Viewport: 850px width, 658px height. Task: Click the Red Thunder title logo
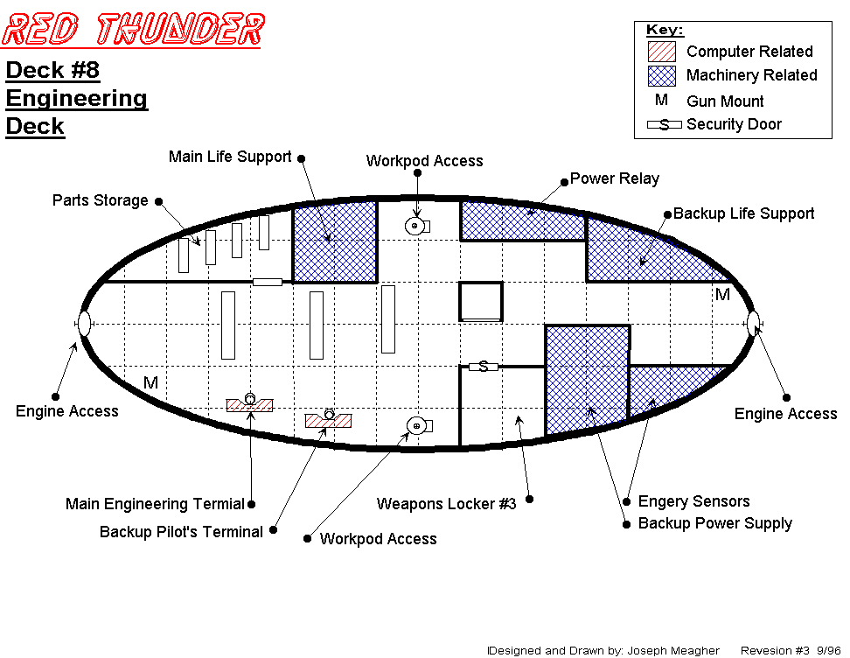(x=132, y=30)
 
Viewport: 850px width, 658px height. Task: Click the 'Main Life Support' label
(x=230, y=157)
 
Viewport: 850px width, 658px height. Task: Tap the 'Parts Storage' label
(x=100, y=200)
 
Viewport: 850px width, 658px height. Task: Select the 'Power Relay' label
(x=614, y=178)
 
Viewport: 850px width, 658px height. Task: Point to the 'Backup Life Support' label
(x=743, y=213)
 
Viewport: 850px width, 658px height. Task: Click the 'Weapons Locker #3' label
(x=446, y=504)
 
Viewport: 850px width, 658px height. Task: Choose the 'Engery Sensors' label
(x=693, y=501)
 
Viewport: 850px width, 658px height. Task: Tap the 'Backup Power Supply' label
(x=714, y=523)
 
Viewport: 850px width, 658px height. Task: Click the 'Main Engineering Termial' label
(x=154, y=504)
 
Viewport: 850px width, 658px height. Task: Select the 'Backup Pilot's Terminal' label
(x=181, y=532)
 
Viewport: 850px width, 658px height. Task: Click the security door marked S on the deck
(x=483, y=367)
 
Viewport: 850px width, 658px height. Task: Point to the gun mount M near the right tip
(x=722, y=295)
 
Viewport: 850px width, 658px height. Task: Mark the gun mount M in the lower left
(x=150, y=382)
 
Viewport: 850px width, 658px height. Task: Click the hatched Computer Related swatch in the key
(x=662, y=52)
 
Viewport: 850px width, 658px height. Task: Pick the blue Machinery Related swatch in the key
(x=662, y=75)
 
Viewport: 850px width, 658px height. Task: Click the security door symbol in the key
(x=664, y=124)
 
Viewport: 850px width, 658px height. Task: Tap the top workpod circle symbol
(x=415, y=226)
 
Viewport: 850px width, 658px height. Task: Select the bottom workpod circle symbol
(x=416, y=426)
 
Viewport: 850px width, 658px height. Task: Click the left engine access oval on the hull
(x=85, y=323)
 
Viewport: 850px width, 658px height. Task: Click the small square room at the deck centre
(x=480, y=301)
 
